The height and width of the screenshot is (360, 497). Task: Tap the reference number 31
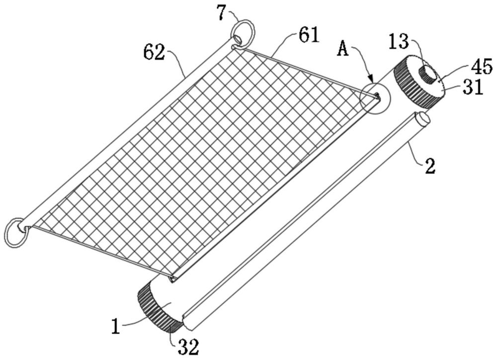[x=473, y=88]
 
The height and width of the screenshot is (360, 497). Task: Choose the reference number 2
[x=429, y=166]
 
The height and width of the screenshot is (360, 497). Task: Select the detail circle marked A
[x=375, y=98]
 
